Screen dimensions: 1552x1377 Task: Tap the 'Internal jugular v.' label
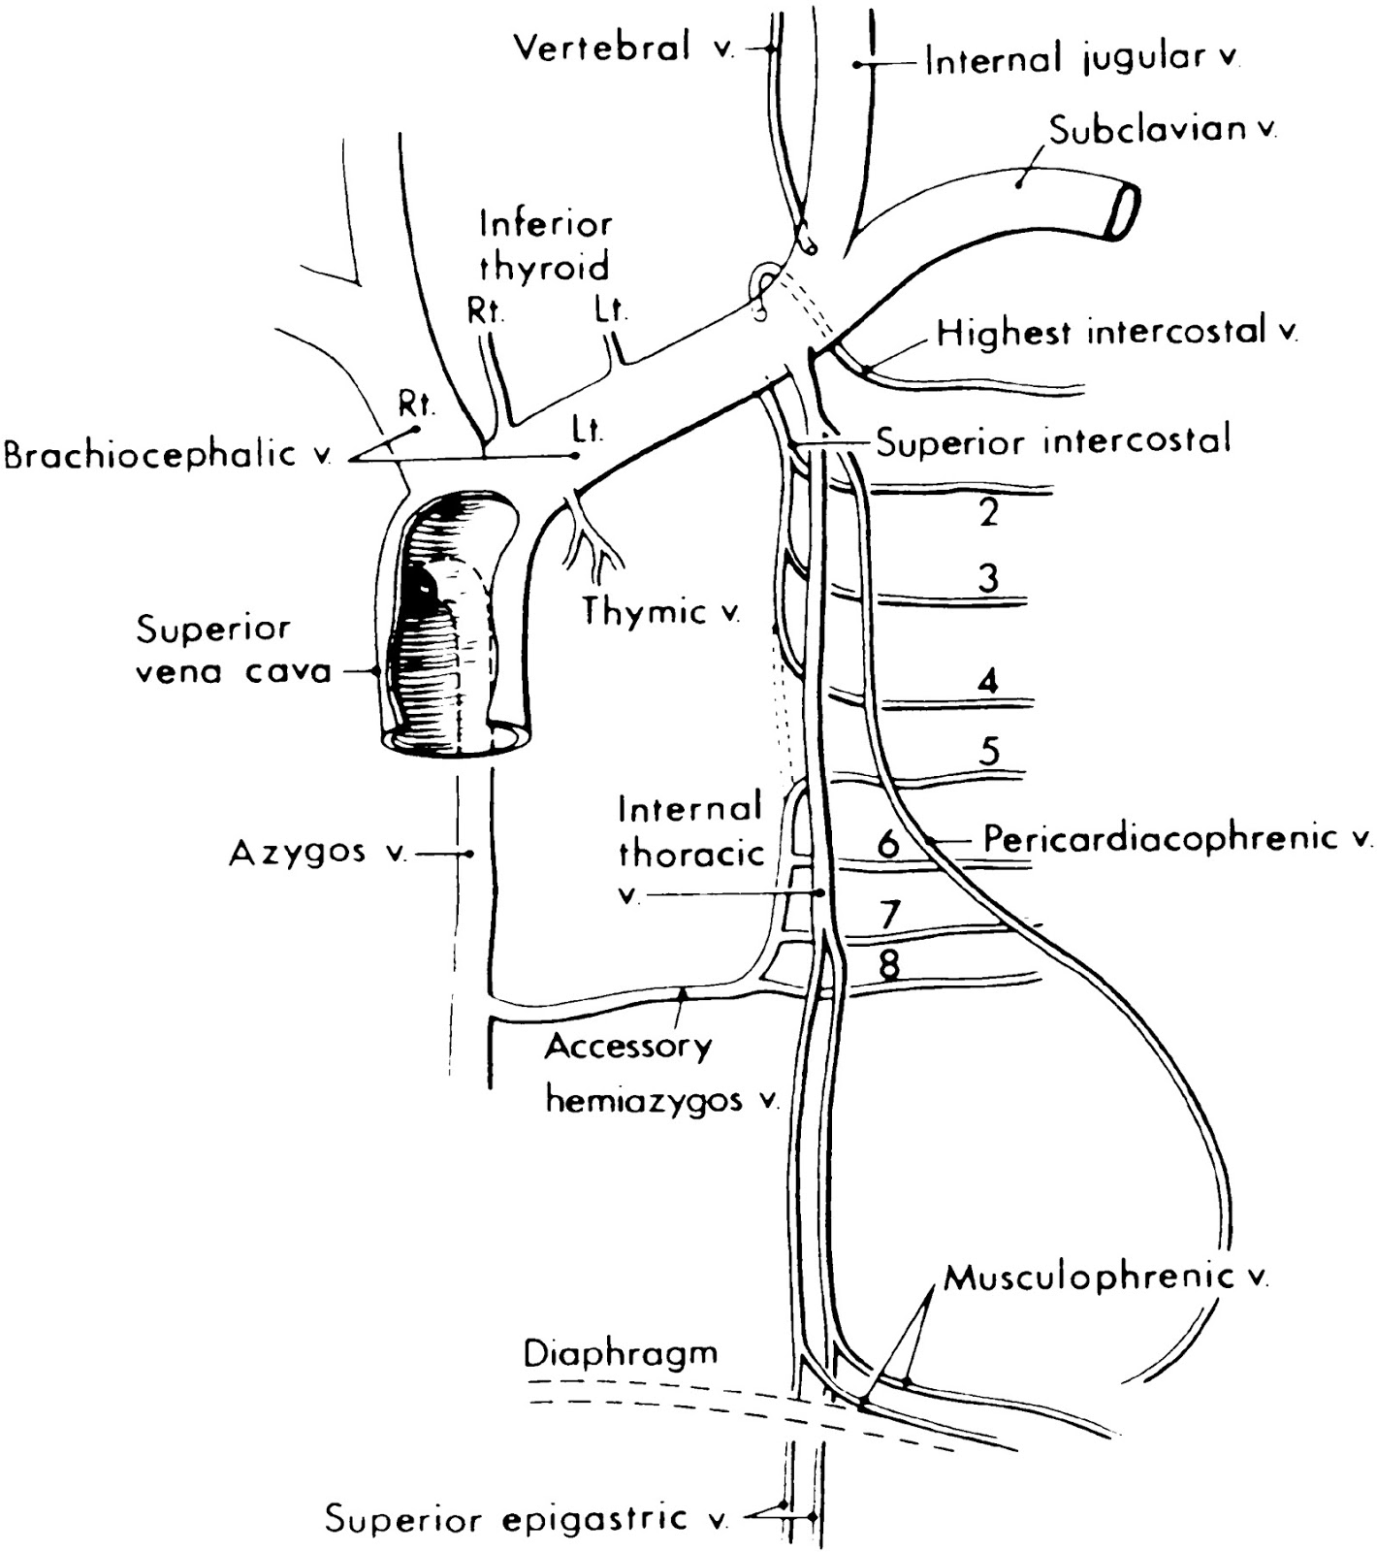tap(1082, 61)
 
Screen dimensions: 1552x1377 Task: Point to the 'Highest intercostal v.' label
tap(1116, 333)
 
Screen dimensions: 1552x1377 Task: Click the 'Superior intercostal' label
tap(1053, 441)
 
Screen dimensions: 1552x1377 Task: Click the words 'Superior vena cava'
tap(233, 650)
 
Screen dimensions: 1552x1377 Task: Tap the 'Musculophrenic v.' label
tap(1105, 1277)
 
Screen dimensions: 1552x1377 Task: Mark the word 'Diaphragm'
tap(622, 1353)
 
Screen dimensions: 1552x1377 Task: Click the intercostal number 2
tap(988, 511)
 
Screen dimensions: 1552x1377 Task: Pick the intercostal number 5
tap(989, 751)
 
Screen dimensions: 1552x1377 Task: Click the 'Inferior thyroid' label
tap(547, 244)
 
